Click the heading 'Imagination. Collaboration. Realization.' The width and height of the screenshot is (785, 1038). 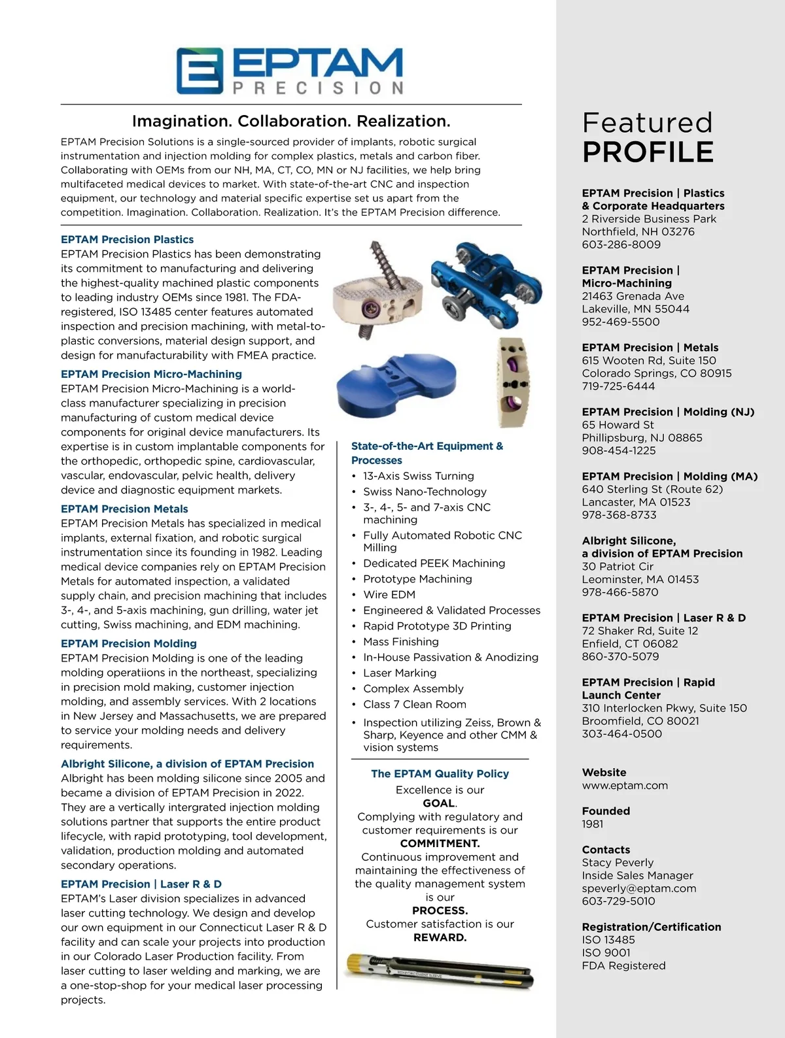[291, 121]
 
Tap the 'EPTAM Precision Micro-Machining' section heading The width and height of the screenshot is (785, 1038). [151, 374]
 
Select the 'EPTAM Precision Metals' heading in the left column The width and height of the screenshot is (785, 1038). [124, 509]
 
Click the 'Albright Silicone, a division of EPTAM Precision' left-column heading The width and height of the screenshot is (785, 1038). [187, 763]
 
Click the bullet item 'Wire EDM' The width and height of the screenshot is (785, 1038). [389, 594]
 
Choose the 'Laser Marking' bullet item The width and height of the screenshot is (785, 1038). [400, 673]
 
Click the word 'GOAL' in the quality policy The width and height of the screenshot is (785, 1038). [438, 803]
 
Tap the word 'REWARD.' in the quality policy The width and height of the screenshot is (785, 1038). [440, 937]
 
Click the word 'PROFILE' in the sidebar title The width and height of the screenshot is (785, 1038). [648, 152]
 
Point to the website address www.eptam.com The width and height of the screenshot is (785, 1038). [625, 785]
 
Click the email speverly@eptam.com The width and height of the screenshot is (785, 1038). [639, 888]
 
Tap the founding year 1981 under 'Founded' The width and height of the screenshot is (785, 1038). [593, 824]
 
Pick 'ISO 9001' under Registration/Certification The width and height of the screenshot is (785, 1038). [606, 952]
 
